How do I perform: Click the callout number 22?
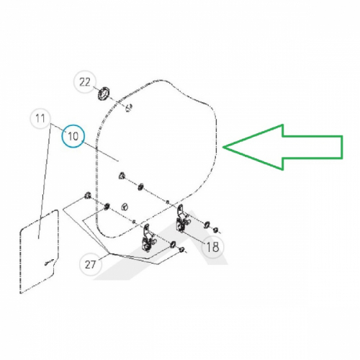(x=85, y=82)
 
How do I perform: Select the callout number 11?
(x=40, y=118)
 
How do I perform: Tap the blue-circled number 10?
(x=73, y=136)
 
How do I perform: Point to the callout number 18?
(x=212, y=246)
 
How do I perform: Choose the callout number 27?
(x=90, y=265)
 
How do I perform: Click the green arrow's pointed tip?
(x=223, y=147)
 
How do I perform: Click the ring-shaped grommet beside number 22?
(x=104, y=94)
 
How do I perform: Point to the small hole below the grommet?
(x=129, y=108)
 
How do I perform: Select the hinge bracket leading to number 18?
(x=181, y=219)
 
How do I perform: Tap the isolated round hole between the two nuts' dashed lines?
(x=125, y=207)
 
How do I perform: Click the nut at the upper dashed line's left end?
(x=122, y=176)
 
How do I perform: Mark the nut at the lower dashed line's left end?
(x=87, y=195)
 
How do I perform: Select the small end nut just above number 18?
(x=215, y=230)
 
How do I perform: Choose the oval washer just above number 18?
(x=206, y=225)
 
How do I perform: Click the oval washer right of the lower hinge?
(x=172, y=245)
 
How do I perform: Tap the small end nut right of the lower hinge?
(x=181, y=250)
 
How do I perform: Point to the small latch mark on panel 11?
(x=49, y=262)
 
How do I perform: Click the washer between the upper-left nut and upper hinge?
(x=140, y=186)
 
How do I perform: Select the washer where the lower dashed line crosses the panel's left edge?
(x=107, y=206)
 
